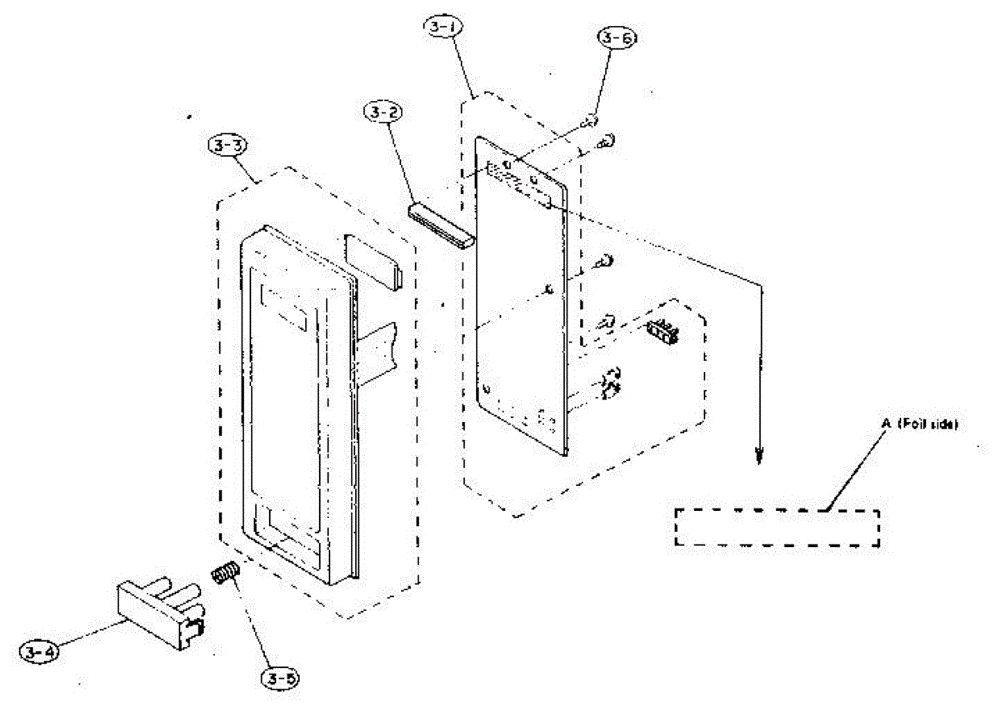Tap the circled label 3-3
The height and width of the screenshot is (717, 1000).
coord(226,145)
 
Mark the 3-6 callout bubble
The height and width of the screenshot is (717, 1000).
coord(615,38)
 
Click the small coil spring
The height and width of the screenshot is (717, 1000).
coord(224,574)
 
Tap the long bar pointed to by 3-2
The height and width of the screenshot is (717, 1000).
coord(442,224)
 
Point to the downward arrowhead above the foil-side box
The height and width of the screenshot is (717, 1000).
coord(758,455)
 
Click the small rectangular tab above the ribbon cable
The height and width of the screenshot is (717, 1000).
coord(372,258)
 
